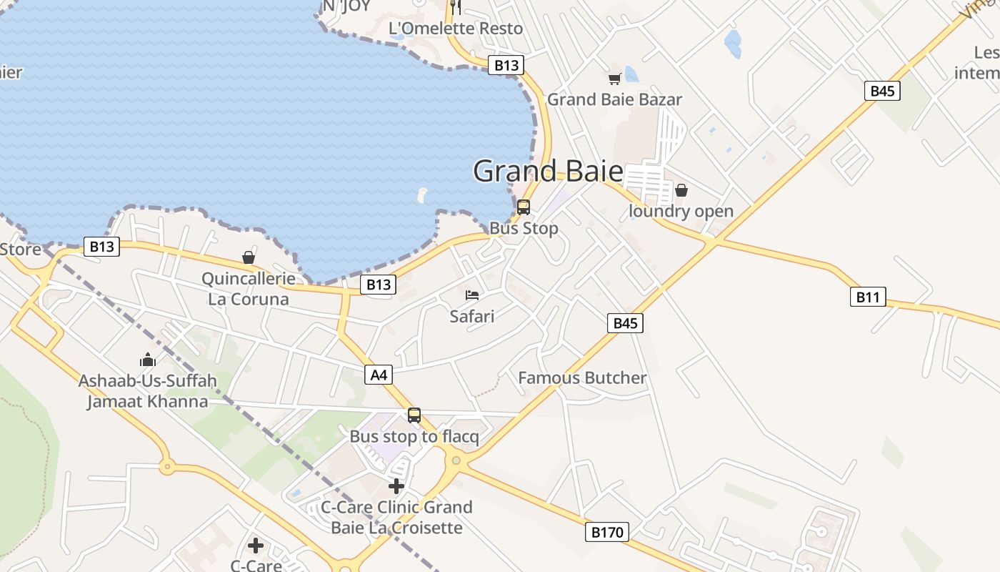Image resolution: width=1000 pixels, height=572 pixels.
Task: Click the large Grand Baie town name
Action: point(548,172)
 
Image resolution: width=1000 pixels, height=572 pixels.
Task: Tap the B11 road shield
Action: point(868,297)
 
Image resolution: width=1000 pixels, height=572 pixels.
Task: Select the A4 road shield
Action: point(379,374)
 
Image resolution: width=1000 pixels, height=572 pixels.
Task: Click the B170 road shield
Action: point(607,532)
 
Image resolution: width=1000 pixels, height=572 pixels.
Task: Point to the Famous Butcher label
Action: point(582,378)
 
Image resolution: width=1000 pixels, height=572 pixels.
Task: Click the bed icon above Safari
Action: point(471,295)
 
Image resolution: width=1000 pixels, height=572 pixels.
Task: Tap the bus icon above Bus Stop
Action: point(524,207)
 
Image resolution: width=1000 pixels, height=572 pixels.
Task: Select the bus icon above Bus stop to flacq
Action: point(414,415)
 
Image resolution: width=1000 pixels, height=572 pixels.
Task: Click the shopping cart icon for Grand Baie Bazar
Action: point(614,79)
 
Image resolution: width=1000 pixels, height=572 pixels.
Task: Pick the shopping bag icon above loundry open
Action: point(681,190)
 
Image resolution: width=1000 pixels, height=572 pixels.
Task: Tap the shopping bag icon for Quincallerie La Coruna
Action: point(249,257)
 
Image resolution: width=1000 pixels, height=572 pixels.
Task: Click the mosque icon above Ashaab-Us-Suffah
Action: point(148,359)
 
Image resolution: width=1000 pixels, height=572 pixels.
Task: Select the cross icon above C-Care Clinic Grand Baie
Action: point(396,486)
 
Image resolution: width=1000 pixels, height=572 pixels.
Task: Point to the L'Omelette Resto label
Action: point(456,29)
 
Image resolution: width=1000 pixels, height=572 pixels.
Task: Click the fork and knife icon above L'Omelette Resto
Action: point(456,7)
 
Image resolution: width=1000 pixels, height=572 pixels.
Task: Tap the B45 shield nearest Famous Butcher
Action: point(625,323)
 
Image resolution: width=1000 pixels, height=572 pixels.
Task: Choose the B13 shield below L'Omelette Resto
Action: point(506,65)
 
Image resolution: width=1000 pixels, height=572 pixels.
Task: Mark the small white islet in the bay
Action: point(422,194)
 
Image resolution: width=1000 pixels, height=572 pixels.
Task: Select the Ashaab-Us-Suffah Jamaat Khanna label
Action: point(148,391)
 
